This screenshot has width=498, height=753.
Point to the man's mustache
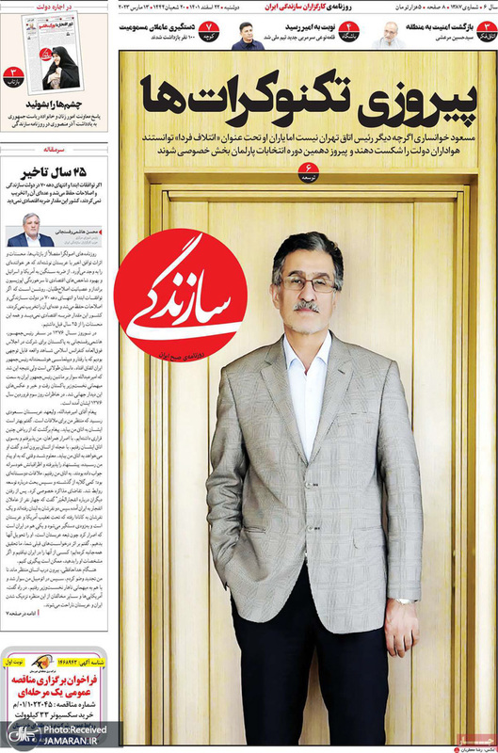(307, 307)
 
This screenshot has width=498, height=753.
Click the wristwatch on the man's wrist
(405, 600)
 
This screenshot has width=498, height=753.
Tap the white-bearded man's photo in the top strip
(389, 36)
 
